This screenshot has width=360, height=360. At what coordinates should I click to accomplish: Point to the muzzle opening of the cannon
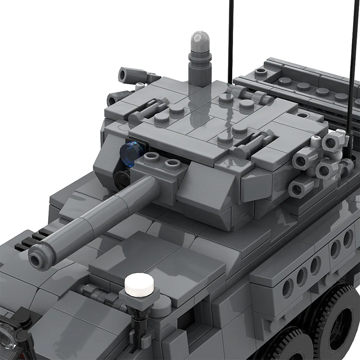tap(36, 258)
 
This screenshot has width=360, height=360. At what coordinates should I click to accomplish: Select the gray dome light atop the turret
tap(200, 42)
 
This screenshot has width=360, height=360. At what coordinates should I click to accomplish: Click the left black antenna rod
tap(230, 40)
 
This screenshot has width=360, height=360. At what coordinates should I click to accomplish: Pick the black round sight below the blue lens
tap(121, 179)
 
